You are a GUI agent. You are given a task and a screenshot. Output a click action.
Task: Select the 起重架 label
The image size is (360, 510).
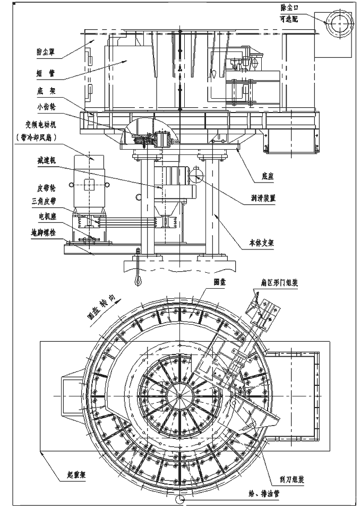click(70, 473)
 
